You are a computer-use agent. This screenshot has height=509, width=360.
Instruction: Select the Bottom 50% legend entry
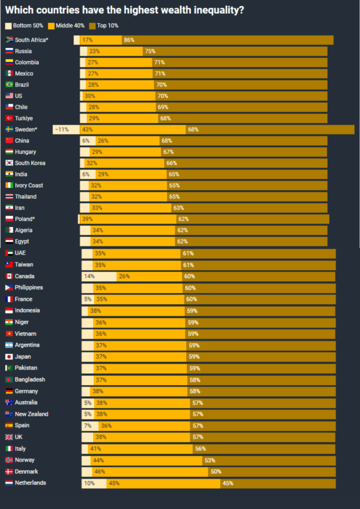pyautogui.click(x=24, y=25)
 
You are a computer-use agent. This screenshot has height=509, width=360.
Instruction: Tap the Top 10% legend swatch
pyautogui.click(x=93, y=25)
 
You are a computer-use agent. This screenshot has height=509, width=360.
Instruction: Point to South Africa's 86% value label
pyautogui.click(x=129, y=40)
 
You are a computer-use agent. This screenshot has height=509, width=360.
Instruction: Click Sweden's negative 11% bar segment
pyautogui.click(x=66, y=130)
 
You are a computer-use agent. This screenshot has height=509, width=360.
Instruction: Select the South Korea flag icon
pyautogui.click(x=9, y=163)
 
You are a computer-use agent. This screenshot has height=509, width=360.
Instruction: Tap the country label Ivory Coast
pyautogui.click(x=29, y=185)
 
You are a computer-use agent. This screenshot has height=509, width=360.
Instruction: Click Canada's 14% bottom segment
pyautogui.click(x=99, y=276)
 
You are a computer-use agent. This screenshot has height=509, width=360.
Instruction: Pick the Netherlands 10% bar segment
pyautogui.click(x=94, y=483)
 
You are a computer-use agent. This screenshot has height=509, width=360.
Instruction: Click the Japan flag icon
pyautogui.click(x=9, y=357)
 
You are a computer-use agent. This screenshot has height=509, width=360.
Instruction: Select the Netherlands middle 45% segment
pyautogui.click(x=164, y=483)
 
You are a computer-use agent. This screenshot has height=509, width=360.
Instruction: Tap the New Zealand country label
pyautogui.click(x=31, y=414)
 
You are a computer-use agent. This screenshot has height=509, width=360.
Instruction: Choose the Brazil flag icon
pyautogui.click(x=9, y=85)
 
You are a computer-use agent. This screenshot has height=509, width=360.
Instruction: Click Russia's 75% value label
pyautogui.click(x=150, y=51)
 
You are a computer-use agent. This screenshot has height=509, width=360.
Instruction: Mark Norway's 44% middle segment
pyautogui.click(x=147, y=460)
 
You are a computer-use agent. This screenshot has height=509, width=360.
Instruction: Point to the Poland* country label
pyautogui.click(x=25, y=219)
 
